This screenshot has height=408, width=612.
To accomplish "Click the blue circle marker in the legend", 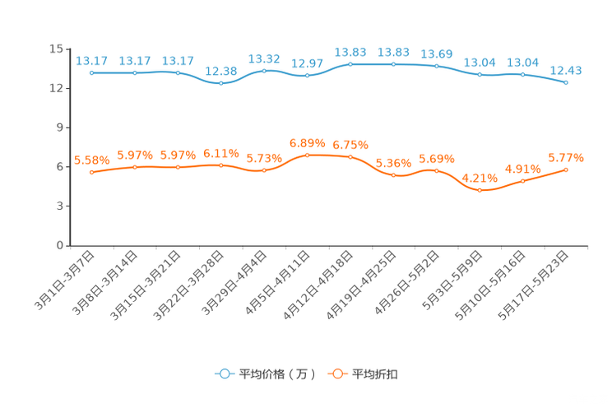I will [224, 373].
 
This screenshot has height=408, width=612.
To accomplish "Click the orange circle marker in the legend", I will [336, 373].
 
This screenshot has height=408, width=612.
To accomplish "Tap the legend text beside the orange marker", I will [376, 374].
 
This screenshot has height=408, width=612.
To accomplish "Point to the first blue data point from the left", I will [91, 72].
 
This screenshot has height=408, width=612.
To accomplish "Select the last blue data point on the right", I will [566, 82].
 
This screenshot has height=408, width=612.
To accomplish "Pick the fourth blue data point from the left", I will [220, 83].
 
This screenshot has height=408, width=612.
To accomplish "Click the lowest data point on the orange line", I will [480, 190].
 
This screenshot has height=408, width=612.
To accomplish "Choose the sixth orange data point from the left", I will [307, 155].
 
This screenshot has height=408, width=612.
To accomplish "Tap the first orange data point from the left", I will [91, 172].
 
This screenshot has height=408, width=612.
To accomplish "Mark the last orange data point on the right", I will [566, 169].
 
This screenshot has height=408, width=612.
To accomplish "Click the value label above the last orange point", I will [566, 157].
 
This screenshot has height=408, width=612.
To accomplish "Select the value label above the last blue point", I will [566, 69].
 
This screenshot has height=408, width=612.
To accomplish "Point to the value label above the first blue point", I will [91, 60].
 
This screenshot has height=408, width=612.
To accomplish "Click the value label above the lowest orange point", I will [480, 178].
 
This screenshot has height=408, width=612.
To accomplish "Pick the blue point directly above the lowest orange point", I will [480, 75].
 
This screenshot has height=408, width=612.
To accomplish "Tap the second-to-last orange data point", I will [522, 181].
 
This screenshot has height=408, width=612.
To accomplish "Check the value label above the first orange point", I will [91, 160].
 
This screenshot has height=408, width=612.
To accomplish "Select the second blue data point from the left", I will [135, 72].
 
